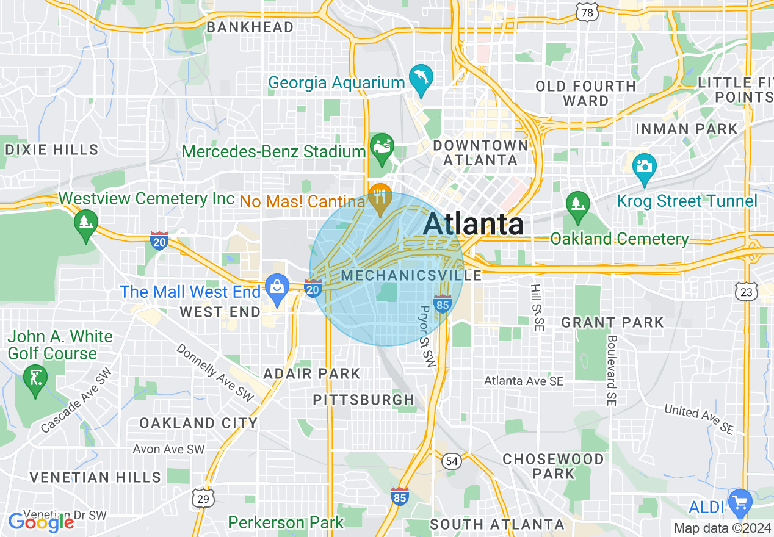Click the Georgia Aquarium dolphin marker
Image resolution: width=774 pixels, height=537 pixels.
click(x=421, y=77)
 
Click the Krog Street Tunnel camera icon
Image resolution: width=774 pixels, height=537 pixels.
click(x=645, y=167)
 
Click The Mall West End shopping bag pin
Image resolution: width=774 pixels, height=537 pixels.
click(x=277, y=287)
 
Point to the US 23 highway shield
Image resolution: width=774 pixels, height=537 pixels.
click(x=746, y=292)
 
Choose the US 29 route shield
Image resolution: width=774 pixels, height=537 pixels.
click(x=203, y=499)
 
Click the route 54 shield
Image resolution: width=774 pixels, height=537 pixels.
click(x=451, y=461)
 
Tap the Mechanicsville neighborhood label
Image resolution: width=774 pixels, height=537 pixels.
click(x=411, y=275)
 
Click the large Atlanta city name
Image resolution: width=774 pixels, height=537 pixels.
click(x=473, y=224)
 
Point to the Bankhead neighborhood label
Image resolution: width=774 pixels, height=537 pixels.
click(x=250, y=27)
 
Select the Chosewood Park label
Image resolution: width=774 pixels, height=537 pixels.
click(x=553, y=466)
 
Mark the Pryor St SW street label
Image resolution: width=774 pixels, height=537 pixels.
click(x=427, y=336)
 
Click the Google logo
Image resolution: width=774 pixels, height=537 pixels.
click(x=41, y=522)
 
